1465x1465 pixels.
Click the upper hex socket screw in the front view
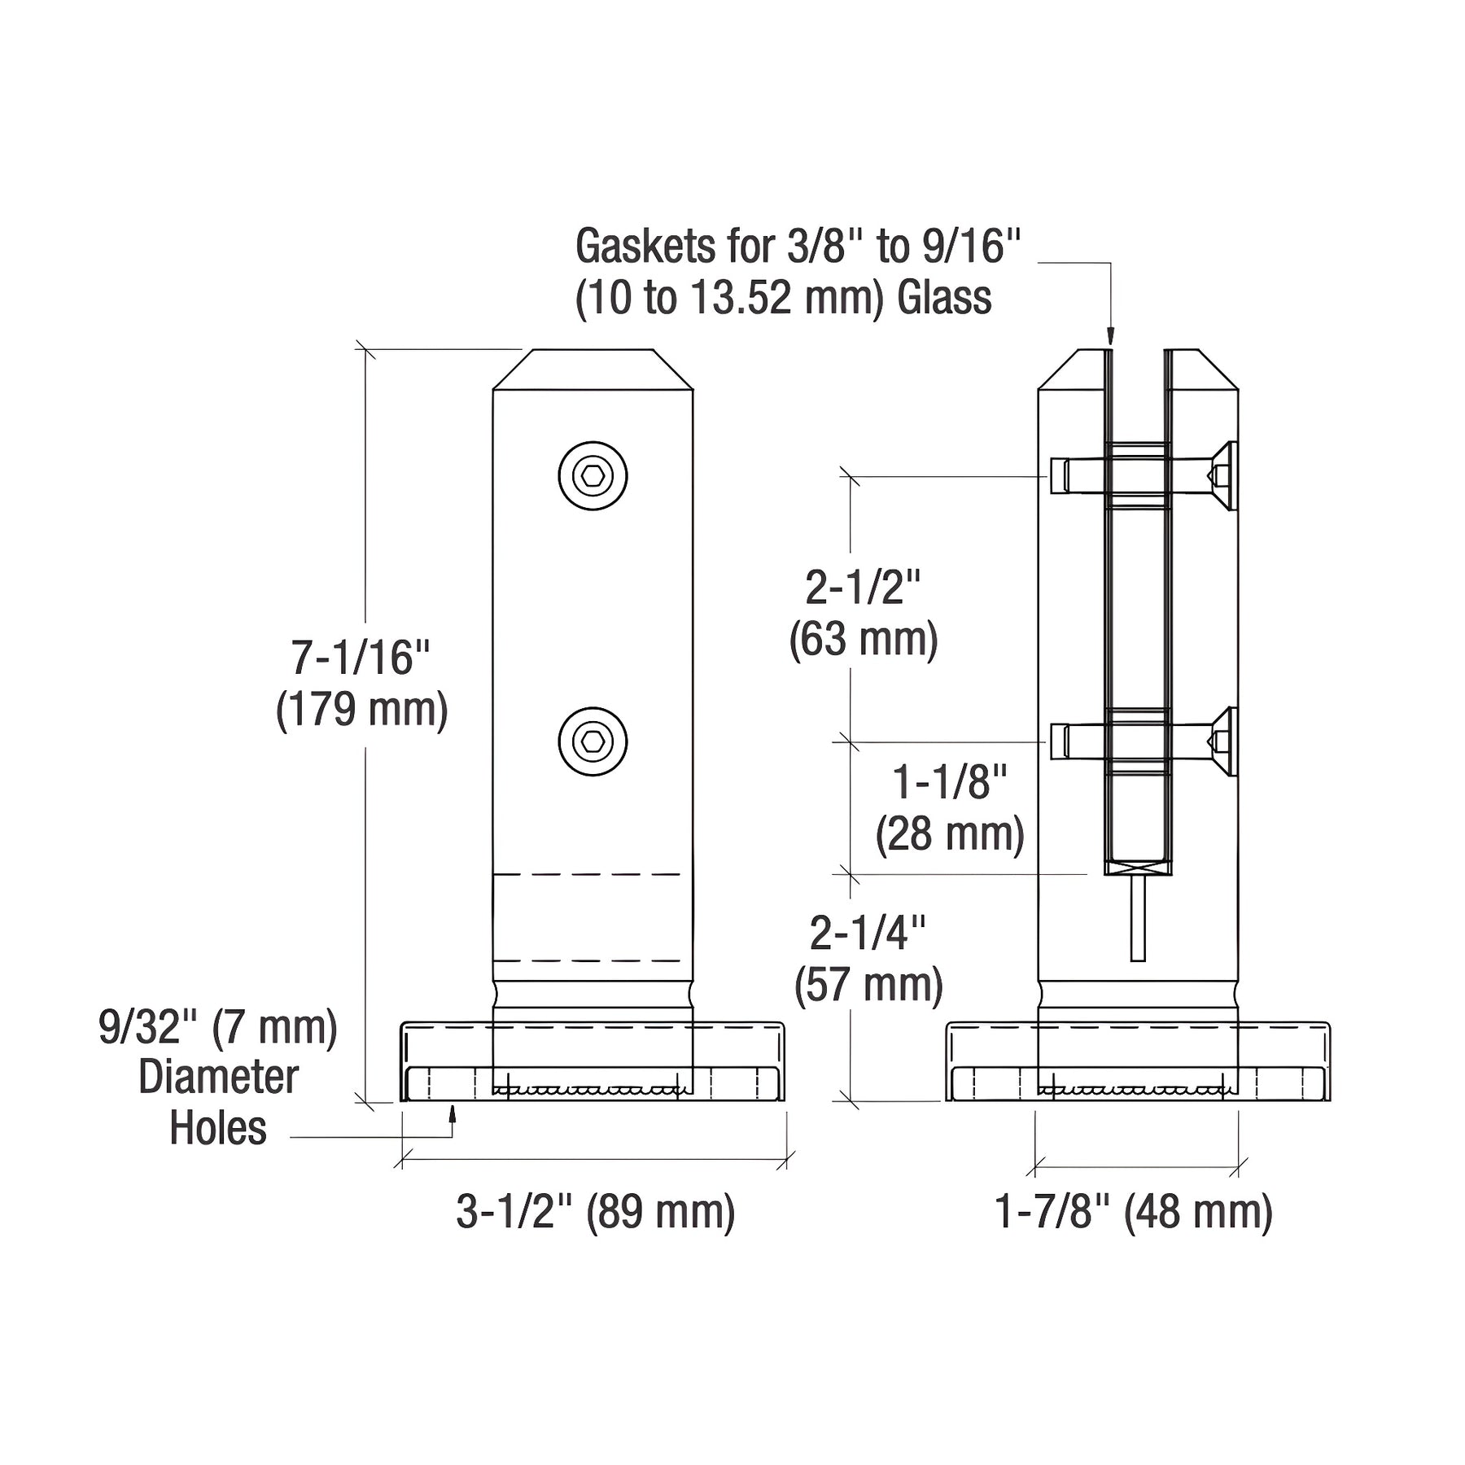point(593,476)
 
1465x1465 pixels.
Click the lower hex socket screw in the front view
point(593,741)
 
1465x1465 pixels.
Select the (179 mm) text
point(362,710)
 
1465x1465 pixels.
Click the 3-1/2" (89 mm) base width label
point(596,1212)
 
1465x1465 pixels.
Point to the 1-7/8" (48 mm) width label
point(1134,1212)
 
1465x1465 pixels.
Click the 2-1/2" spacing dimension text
point(863,587)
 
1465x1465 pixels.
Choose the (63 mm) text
point(864,639)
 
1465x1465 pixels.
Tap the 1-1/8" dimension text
point(950,782)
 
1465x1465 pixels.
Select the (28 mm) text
point(950,834)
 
